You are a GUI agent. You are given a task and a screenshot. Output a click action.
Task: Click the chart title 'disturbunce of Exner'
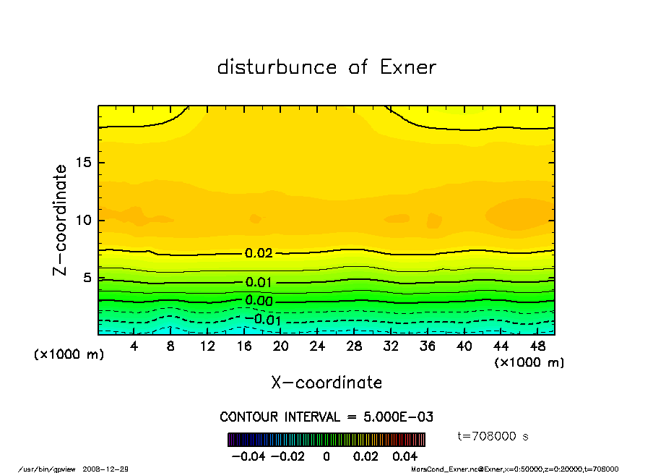pos(326,67)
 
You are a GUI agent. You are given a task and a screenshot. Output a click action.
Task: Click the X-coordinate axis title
pos(326,383)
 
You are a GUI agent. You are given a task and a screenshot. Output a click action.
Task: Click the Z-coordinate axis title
pos(61,220)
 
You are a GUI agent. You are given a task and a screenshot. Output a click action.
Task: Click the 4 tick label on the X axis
pos(134,346)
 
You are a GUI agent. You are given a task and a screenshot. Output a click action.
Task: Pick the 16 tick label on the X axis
pos(244,346)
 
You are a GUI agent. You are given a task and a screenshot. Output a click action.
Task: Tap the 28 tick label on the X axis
pos(354,346)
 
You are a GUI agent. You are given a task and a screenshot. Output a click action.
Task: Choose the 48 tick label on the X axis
pos(537,346)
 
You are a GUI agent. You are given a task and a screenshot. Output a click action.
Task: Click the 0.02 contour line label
pos(259,253)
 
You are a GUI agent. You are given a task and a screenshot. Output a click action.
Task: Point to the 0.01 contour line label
pos(259,282)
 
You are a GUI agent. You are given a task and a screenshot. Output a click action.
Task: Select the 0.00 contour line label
pos(259,301)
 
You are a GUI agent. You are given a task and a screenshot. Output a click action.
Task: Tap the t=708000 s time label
pos(493,436)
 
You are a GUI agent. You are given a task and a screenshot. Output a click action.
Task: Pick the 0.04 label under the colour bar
pos(405,456)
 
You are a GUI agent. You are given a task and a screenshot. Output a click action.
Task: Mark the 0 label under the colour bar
pos(326,456)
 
